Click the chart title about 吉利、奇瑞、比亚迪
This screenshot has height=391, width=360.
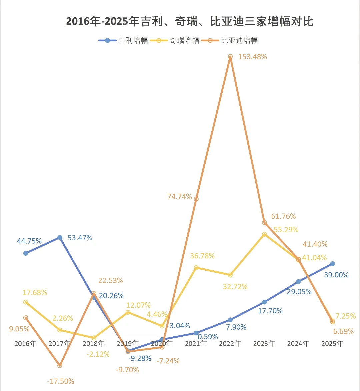(x=190, y=22)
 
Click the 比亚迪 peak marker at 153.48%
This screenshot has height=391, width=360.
(x=230, y=57)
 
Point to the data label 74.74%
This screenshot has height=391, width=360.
(x=180, y=197)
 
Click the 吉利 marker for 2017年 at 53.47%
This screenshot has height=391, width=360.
(x=60, y=238)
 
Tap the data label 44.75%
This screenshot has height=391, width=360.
(x=29, y=241)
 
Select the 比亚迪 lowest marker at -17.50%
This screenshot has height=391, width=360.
(x=60, y=366)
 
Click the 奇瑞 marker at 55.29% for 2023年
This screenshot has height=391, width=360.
(x=264, y=234)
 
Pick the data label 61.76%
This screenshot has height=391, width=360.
(x=283, y=216)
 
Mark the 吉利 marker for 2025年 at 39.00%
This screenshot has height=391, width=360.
(x=332, y=264)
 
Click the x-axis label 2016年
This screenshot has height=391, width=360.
(x=25, y=343)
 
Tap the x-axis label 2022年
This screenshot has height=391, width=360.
(x=230, y=343)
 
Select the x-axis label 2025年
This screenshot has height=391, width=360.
(x=332, y=343)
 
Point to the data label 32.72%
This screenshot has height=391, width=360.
(x=235, y=286)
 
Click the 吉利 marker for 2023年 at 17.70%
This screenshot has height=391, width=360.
(x=264, y=302)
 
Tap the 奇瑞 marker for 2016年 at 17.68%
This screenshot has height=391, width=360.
(x=25, y=302)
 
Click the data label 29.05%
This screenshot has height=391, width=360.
(x=299, y=292)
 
